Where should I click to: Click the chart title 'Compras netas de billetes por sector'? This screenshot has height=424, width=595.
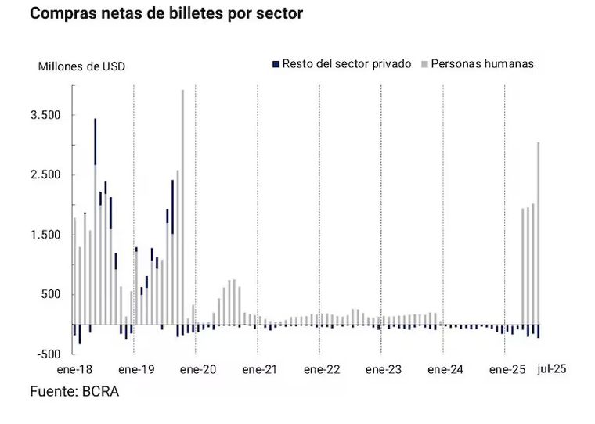point(166,14)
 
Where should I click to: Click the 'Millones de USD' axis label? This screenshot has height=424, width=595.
point(81,66)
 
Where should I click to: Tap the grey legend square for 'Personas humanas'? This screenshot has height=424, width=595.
point(424,63)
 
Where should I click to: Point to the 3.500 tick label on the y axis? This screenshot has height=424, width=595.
point(45,115)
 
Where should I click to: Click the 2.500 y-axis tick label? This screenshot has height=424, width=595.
point(45,175)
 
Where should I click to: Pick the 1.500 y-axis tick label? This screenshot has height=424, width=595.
point(45,235)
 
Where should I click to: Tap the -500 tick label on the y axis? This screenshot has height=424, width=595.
point(49,354)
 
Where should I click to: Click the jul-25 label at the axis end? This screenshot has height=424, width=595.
point(553,368)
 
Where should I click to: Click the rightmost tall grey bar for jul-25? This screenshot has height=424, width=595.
point(538,235)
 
